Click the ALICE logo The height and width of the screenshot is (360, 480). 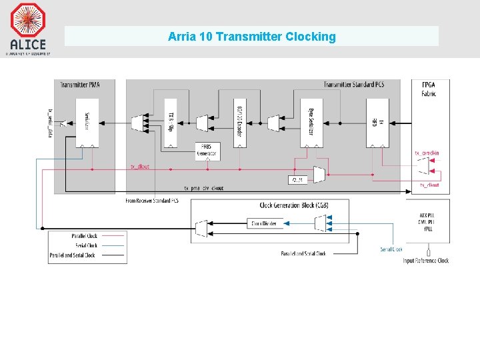click(x=28, y=27)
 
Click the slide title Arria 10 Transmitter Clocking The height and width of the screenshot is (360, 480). click(x=251, y=37)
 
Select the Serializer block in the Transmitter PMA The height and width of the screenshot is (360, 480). click(x=87, y=123)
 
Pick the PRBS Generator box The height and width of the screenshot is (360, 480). click(x=207, y=151)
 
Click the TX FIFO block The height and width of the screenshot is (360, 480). click(x=377, y=123)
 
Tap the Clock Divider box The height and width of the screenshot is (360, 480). click(x=265, y=223)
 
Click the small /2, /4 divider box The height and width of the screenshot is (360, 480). click(x=298, y=180)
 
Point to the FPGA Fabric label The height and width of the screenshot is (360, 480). click(x=429, y=89)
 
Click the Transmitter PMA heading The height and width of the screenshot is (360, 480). click(x=78, y=85)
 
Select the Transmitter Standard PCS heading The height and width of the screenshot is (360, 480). click(x=362, y=85)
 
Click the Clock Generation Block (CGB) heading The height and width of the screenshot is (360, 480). click(x=294, y=205)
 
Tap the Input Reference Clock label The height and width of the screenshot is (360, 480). click(x=425, y=261)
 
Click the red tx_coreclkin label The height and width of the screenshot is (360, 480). click(x=427, y=153)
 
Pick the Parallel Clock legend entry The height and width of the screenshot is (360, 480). click(x=85, y=236)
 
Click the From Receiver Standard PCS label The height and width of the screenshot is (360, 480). click(x=152, y=201)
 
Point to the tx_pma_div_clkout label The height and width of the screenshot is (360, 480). click(x=203, y=189)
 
